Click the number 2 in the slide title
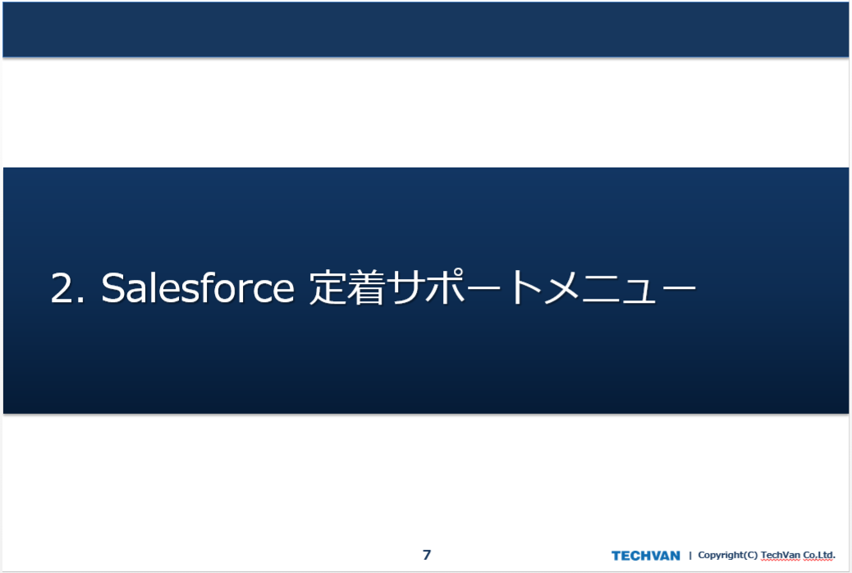pyautogui.click(x=62, y=288)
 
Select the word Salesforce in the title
pyautogui.click(x=198, y=287)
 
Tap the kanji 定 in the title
pyautogui.click(x=328, y=286)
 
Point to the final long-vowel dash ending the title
pyautogui.click(x=679, y=287)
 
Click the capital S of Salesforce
pyautogui.click(x=112, y=287)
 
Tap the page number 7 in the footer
pyautogui.click(x=427, y=554)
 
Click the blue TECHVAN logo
pyautogui.click(x=645, y=556)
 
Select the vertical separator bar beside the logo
pyautogui.click(x=690, y=555)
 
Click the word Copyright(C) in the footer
pyautogui.click(x=727, y=555)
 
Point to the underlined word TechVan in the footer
pyautogui.click(x=781, y=555)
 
